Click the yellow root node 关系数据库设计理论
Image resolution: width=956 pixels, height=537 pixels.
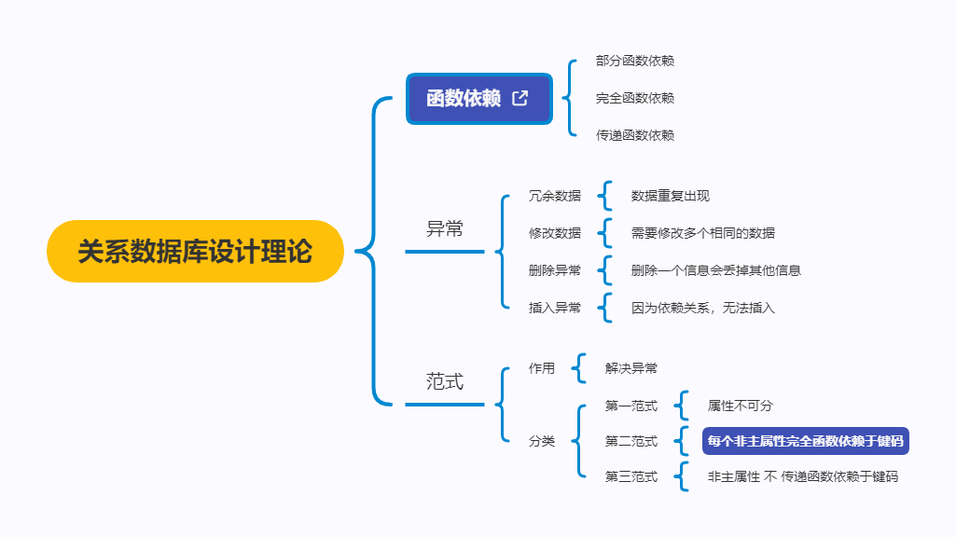pos(195,252)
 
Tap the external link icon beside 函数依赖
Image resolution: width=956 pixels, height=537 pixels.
pos(520,98)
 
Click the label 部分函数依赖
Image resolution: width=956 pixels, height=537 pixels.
pos(635,61)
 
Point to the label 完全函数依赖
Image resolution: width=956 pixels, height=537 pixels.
pos(635,98)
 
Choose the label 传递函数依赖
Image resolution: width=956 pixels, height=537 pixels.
pos(635,135)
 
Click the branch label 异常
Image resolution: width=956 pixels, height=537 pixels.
pos(445,229)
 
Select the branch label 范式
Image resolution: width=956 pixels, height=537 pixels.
pos(445,381)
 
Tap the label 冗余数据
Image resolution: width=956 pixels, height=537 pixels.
pos(554,196)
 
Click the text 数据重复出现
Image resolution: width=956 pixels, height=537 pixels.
pos(671,196)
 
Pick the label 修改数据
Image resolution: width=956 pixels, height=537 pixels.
pos(554,233)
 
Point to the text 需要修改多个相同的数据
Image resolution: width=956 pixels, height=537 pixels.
pos(702,233)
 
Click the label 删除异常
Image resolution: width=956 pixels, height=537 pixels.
pos(554,270)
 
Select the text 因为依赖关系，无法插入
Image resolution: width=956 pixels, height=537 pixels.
pos(702,308)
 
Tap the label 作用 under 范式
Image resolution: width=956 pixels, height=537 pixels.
pos(542,368)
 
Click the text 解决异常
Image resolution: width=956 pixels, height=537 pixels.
pos(631,368)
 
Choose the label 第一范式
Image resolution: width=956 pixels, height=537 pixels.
pos(631,406)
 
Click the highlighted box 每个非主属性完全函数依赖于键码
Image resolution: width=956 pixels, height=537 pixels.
pos(806,441)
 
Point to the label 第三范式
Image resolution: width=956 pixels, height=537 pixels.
pos(631,476)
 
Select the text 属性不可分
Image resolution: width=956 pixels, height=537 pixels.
pos(741,406)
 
